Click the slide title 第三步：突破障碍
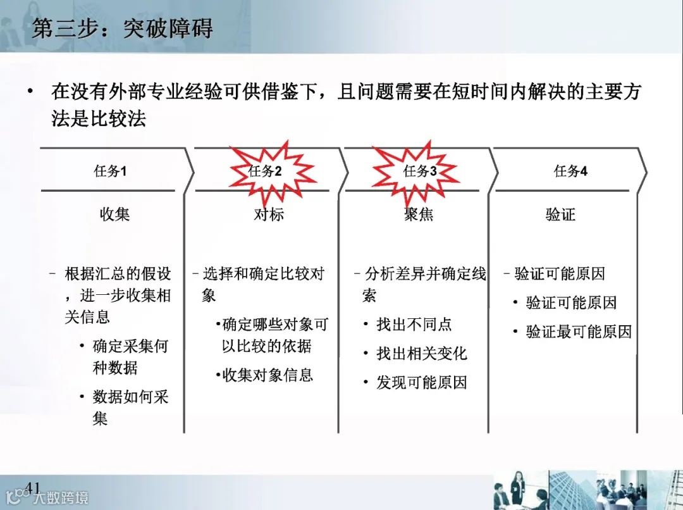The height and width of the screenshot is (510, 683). [122, 28]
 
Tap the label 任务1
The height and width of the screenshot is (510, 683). [111, 171]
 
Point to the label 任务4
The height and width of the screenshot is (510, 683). [570, 171]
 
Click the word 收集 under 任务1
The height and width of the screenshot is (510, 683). [114, 215]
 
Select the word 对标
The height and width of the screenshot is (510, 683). [269, 215]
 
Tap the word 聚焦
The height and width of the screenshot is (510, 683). [419, 215]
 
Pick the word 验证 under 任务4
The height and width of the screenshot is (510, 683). [560, 215]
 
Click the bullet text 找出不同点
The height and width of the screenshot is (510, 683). [414, 325]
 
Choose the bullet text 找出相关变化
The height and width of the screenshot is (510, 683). [422, 353]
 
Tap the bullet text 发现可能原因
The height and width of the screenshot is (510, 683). [422, 382]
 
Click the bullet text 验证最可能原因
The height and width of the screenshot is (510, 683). [579, 331]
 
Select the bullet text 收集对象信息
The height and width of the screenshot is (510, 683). [268, 375]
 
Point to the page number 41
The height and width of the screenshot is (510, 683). [32, 487]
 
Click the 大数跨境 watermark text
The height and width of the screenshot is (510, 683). [61, 497]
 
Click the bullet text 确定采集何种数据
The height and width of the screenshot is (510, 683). [130, 357]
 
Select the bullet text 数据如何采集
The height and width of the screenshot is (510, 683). [130, 407]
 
